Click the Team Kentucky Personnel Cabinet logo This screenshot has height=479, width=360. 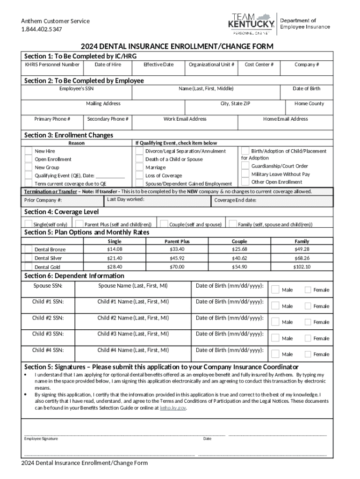(x=251, y=23)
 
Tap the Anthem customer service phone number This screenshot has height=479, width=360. (x=41, y=29)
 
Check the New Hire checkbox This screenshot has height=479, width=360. (x=29, y=151)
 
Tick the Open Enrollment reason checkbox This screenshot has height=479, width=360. (x=29, y=160)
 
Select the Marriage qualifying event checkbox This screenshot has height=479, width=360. (x=139, y=167)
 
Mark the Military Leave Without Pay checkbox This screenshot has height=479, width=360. (x=245, y=174)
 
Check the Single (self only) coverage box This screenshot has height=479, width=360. (x=29, y=224)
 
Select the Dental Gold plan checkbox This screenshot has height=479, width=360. (x=29, y=267)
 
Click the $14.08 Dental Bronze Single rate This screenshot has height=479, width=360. (x=115, y=249)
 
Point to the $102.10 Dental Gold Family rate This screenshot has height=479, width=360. (x=302, y=267)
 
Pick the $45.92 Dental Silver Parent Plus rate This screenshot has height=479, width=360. (x=177, y=258)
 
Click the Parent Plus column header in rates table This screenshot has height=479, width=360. (x=177, y=241)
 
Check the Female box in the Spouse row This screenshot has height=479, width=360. (x=308, y=290)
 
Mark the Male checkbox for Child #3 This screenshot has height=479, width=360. (x=275, y=338)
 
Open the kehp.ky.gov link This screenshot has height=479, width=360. (x=173, y=408)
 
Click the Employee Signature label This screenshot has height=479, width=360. (x=41, y=439)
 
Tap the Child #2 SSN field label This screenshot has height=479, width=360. (x=48, y=318)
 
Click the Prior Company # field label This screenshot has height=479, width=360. (x=43, y=201)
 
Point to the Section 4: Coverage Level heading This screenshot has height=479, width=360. (x=61, y=212)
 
